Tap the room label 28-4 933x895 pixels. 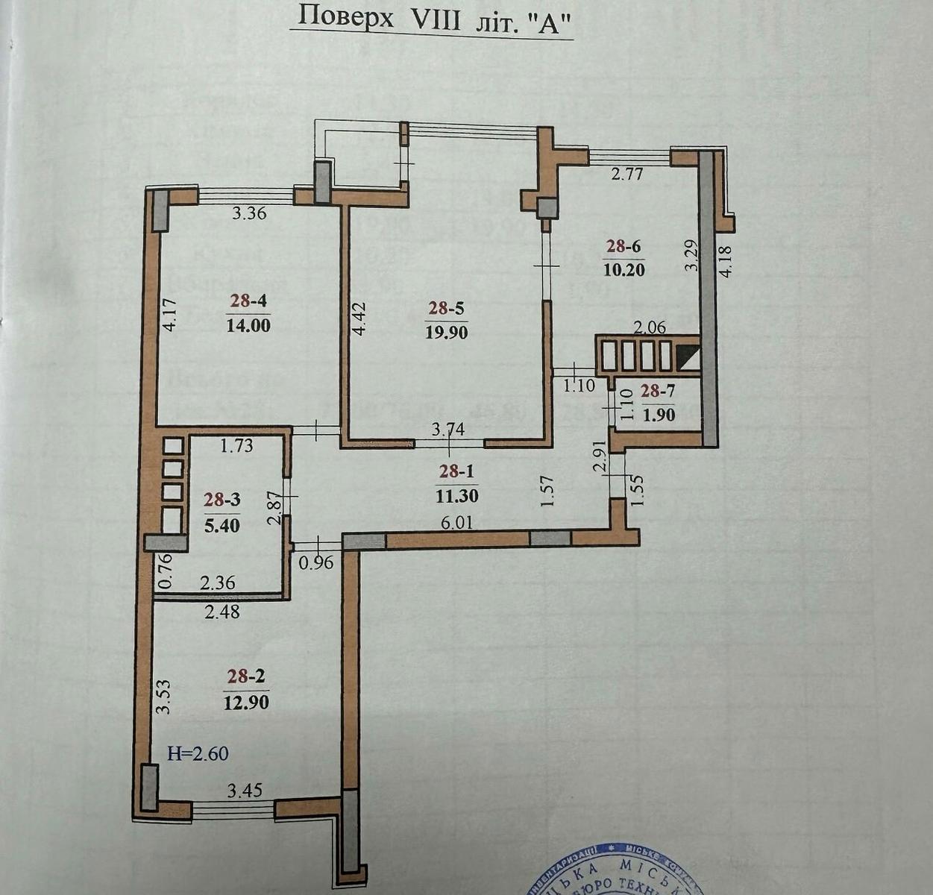coord(248,301)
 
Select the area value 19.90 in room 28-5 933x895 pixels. coord(447,333)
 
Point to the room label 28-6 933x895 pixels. coord(623,246)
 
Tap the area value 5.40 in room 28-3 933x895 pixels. coord(222,524)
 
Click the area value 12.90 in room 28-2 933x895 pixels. coord(246,702)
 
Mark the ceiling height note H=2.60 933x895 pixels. coord(198,753)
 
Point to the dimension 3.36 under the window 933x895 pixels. coord(249,213)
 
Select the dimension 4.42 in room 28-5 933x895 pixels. coord(359,318)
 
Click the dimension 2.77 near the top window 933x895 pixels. coord(627,175)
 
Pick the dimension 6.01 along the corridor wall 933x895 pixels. coord(458,523)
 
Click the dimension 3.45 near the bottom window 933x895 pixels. coord(244,790)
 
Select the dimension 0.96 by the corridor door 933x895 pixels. coord(315,564)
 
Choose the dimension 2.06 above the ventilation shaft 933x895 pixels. coord(648,327)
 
